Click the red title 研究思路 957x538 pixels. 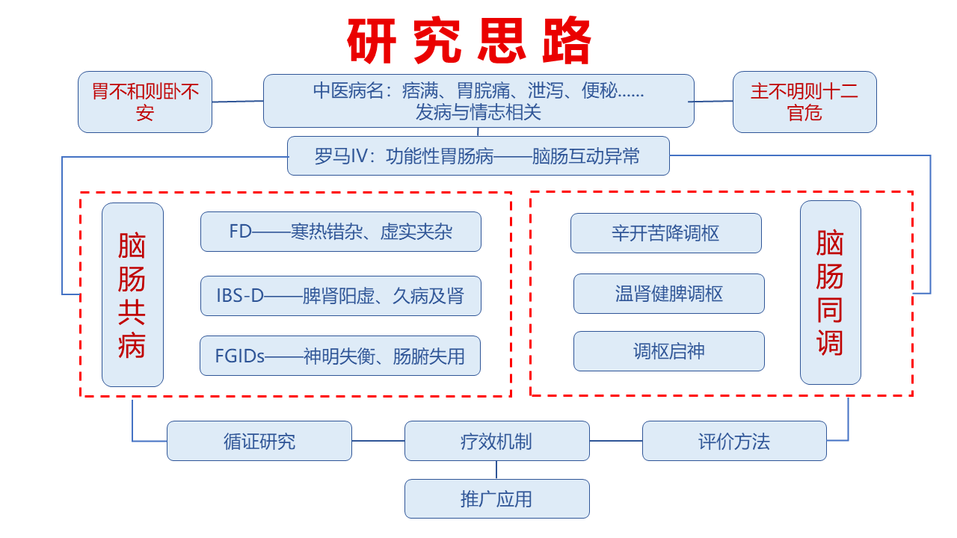470,40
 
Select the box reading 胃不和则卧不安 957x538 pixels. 145,102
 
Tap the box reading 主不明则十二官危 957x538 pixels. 804,102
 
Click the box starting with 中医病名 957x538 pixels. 478,101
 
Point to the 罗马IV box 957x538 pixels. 478,156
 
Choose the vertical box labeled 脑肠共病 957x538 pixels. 132,294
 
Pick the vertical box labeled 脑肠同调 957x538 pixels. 830,293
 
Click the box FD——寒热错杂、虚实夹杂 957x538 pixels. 340,232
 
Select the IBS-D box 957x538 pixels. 340,296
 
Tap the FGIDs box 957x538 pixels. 339,356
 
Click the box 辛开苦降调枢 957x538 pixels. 665,233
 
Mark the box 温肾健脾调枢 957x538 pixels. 668,294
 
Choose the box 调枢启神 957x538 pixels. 668,351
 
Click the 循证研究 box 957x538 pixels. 259,441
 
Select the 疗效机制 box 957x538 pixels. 496,441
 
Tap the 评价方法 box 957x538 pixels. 734,441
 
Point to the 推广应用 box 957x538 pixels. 496,498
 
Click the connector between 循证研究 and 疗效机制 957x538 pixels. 378,440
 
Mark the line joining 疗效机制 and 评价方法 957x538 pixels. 615,440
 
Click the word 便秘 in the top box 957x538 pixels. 598,92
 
